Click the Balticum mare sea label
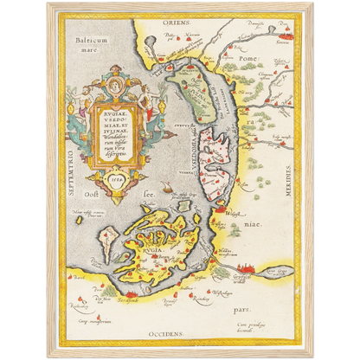pyautogui.click(x=93, y=44)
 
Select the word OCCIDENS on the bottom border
pyautogui.click(x=179, y=333)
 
